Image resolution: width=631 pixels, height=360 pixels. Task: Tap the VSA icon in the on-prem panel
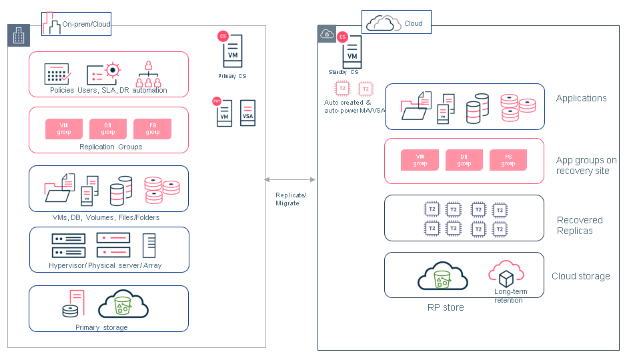coord(247,113)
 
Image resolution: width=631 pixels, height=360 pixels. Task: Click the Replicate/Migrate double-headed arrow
coord(290,179)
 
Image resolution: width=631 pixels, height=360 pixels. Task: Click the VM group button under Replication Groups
coord(64,129)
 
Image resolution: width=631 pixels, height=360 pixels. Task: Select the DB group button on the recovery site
coord(464,160)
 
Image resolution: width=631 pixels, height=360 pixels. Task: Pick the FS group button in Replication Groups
coord(152,129)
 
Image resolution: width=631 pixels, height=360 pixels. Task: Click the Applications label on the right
coord(581,98)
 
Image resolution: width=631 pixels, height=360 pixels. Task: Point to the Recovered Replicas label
coord(580,225)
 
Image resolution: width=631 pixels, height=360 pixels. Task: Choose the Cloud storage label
coord(580,276)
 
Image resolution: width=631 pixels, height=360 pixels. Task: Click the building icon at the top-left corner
coord(19,36)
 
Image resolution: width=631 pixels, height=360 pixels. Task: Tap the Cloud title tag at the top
coord(397,23)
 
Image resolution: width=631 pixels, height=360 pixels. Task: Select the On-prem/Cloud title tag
coord(76,24)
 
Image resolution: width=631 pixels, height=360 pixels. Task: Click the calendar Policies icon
coord(57,73)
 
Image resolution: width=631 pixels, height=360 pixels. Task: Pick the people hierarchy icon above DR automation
coord(149,75)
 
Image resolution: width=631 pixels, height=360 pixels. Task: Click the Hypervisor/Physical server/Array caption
coord(105,265)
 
